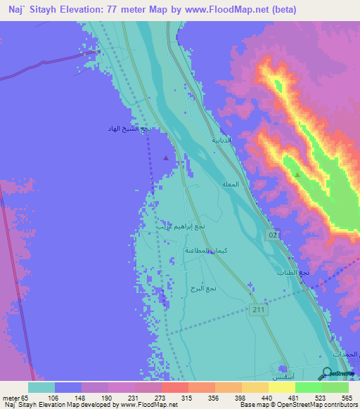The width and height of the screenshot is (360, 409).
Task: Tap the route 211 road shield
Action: point(258,309)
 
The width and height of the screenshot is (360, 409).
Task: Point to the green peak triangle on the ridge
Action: point(297,174)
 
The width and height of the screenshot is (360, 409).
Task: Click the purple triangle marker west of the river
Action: point(166,157)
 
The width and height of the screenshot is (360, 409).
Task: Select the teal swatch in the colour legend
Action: point(41,387)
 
